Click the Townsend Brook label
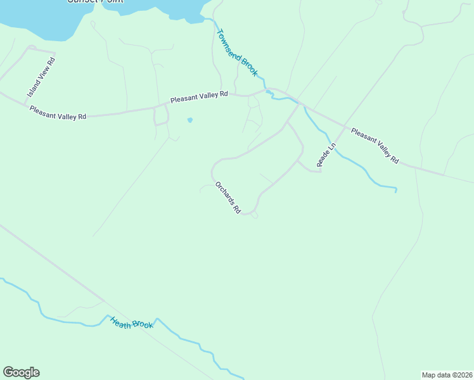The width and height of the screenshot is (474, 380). [237, 53]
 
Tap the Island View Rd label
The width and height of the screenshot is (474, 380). [42, 77]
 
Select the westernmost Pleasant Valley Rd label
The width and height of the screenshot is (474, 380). [58, 113]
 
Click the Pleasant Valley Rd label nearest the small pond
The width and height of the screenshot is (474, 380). [198, 97]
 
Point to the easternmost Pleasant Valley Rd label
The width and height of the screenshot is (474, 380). [375, 147]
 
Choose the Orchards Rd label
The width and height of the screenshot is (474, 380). [228, 198]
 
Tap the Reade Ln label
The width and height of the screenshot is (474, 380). [326, 155]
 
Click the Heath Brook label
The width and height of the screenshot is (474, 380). [132, 322]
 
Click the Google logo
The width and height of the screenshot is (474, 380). [21, 372]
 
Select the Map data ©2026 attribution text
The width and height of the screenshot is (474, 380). [447, 374]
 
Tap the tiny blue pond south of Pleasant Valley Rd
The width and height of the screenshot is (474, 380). [189, 120]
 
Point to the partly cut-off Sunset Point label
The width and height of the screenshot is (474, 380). [95, 1]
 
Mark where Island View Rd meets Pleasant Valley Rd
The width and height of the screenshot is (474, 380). [25, 104]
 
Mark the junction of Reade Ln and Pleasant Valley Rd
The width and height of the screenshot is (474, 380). [345, 126]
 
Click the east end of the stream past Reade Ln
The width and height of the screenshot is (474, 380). [396, 190]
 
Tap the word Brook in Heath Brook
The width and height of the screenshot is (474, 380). [143, 326]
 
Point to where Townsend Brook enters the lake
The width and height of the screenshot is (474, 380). [206, 20]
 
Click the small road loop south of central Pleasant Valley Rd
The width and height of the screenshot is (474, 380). [162, 116]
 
